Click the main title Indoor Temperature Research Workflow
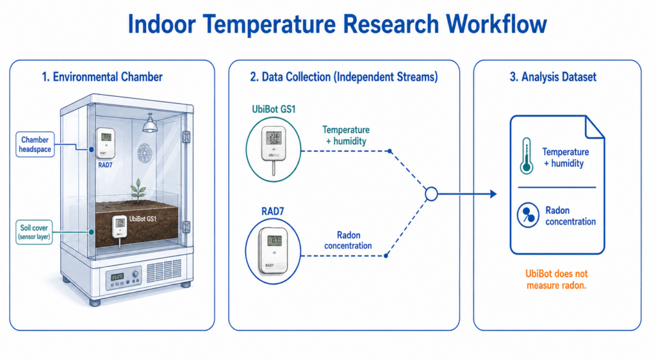pos(337,24)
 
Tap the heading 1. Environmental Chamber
pos(102,77)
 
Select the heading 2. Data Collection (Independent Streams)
pos(344,77)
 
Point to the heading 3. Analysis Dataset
pos(553,77)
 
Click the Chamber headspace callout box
pos(35,145)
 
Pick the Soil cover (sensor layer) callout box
pos(34,232)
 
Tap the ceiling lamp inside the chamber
pos(149,124)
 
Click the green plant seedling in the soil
pos(138,192)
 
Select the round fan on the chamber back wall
pos(145,152)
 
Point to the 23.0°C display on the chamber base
pos(117,277)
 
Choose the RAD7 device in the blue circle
pos(273,251)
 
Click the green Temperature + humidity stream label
pos(346,135)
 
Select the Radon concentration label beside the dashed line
pos(348,240)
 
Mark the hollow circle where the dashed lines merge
pos(431,193)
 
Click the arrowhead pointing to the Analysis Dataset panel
pos(493,193)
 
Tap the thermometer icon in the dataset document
pos(527,156)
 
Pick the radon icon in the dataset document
pos(528,215)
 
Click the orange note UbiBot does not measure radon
pos(557,279)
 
